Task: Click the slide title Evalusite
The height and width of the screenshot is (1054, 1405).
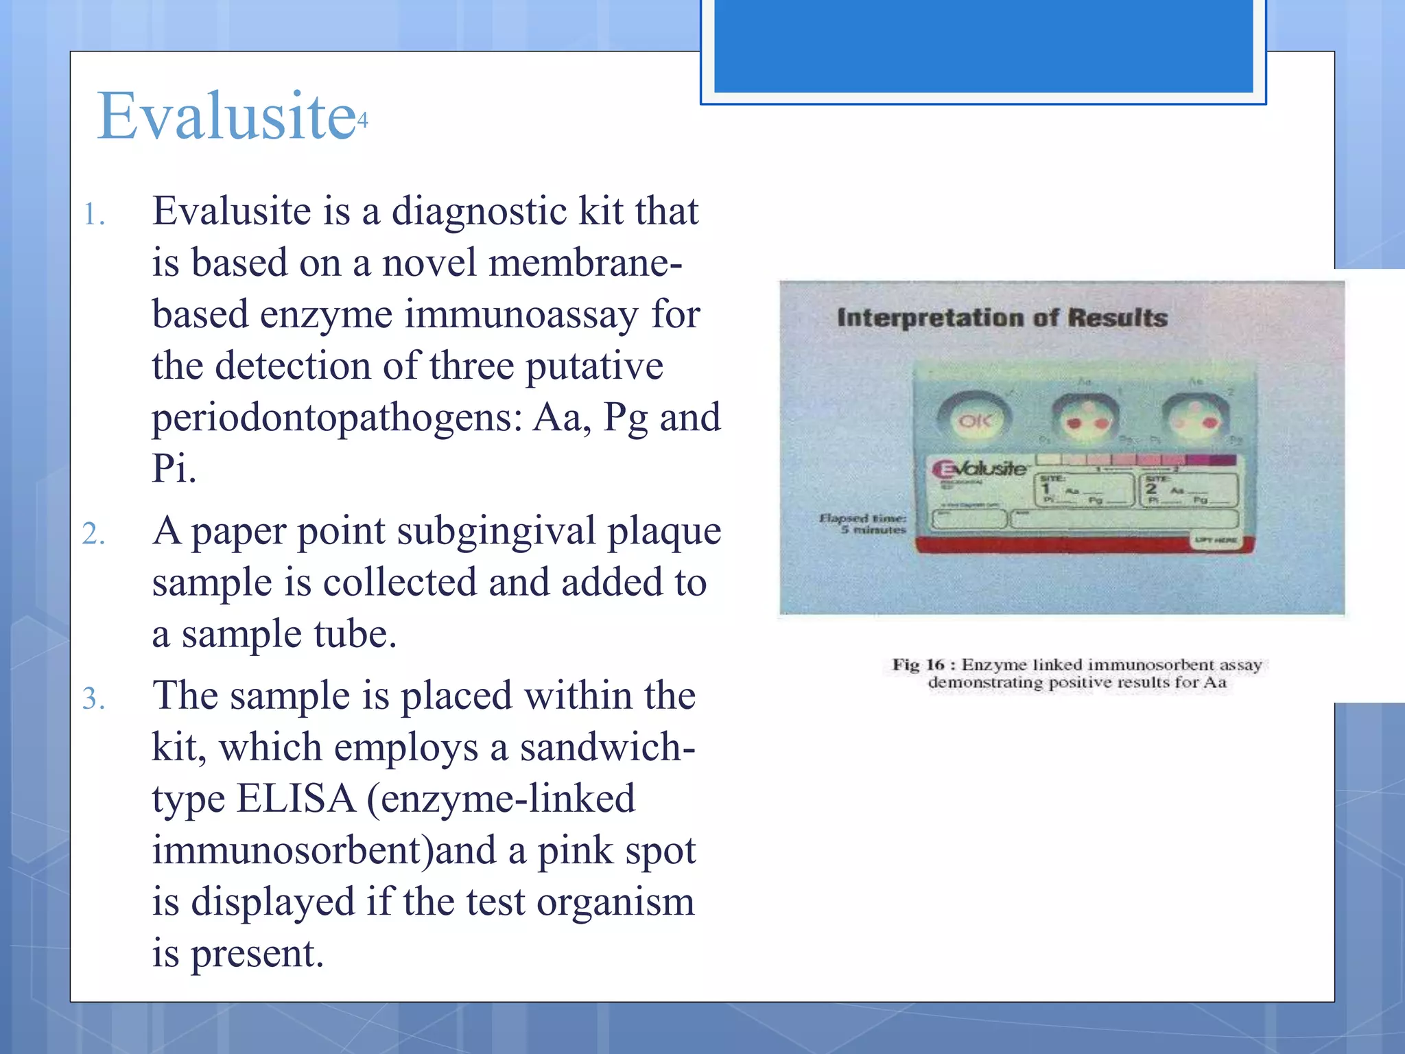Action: coord(226,117)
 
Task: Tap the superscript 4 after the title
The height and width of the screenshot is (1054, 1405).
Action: coord(363,121)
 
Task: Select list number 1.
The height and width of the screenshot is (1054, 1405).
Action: coord(94,215)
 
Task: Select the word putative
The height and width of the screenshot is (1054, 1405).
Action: coord(594,366)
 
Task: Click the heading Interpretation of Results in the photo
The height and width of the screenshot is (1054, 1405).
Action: coord(1002,318)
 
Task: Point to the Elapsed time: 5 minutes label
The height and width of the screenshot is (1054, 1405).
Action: coord(864,524)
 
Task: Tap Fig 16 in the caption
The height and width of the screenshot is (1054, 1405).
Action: coord(917,664)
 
